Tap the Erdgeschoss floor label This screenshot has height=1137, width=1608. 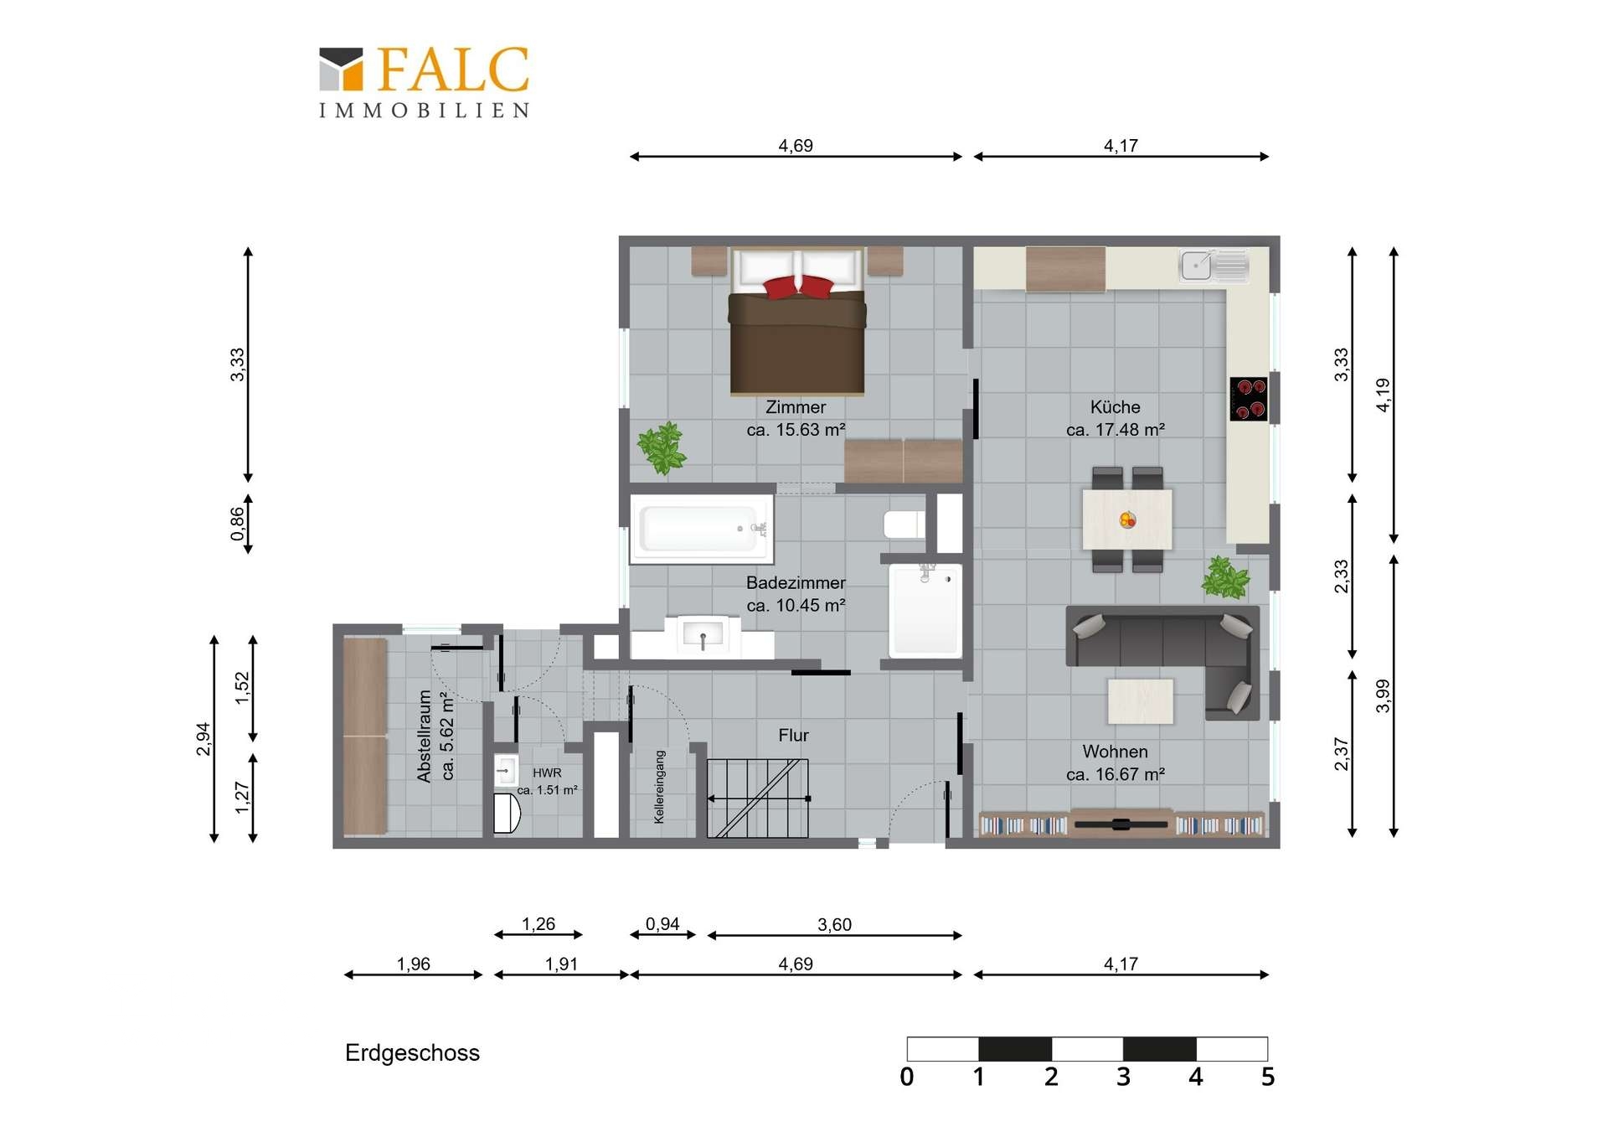412,1053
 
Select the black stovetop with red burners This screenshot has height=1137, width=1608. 1248,398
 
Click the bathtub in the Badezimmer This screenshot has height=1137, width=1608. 701,528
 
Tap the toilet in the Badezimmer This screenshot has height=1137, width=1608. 904,525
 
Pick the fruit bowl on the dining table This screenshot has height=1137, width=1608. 1127,520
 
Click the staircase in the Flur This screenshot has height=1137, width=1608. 758,798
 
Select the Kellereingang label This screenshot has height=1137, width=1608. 659,787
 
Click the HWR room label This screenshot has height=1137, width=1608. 547,773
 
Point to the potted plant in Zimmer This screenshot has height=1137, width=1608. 662,448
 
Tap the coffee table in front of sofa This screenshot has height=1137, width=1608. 1140,700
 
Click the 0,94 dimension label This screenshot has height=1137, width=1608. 662,924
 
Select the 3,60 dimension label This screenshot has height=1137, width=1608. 834,925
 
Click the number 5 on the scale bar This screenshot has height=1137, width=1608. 1267,1077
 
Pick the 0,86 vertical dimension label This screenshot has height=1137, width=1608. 238,524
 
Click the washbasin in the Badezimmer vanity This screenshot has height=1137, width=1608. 703,635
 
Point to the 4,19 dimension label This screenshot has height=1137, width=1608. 1383,395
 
